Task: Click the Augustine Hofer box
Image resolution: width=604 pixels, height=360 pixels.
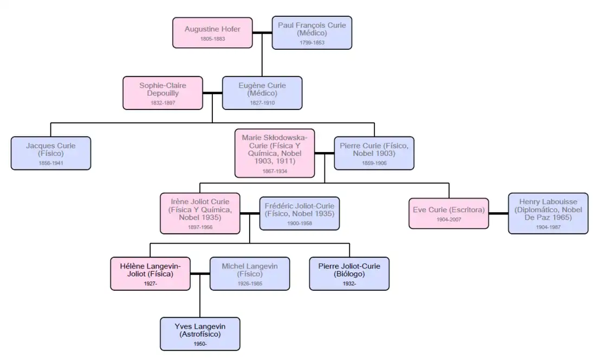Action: coord(212,33)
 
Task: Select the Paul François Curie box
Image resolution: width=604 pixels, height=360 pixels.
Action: coord(311,33)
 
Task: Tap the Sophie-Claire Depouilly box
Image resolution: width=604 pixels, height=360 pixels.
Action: coord(163,93)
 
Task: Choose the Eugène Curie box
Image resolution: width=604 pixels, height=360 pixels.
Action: coord(262,93)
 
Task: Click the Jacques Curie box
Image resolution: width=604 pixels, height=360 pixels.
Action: coord(51,153)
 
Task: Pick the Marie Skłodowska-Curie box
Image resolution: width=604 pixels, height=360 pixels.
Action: coord(275,153)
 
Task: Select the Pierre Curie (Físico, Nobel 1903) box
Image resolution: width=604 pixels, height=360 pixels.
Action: coord(374,153)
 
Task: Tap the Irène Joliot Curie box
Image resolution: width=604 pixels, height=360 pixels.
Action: coord(200,213)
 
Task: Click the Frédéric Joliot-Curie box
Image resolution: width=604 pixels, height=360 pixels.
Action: coord(300,213)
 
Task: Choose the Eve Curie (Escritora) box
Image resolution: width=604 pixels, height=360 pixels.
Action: coord(449,213)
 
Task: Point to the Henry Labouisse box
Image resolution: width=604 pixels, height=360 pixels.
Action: coord(548,213)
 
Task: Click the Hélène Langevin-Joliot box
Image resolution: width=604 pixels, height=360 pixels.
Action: coord(151,273)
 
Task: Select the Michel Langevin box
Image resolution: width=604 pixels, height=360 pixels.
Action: coord(250,273)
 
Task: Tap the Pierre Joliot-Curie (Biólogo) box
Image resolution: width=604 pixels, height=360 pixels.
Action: coord(349,273)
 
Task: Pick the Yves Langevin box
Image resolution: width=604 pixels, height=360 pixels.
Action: coord(200,333)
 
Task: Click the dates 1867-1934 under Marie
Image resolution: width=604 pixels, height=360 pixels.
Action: coord(275,171)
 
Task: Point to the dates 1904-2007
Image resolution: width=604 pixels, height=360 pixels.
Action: coord(449,220)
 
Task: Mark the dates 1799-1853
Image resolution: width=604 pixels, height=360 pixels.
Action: coord(311,43)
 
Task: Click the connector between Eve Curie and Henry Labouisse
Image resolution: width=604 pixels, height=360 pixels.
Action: coord(498,213)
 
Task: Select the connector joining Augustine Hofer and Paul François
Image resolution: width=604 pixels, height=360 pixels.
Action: coord(262,33)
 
